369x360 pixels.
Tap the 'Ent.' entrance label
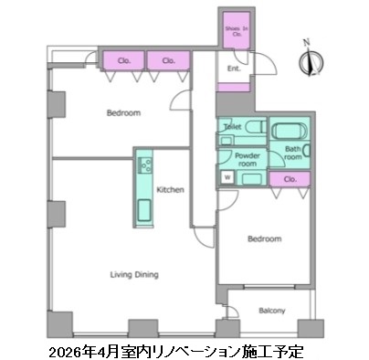click(x=233, y=67)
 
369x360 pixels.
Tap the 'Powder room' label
click(x=247, y=160)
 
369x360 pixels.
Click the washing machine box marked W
click(x=225, y=176)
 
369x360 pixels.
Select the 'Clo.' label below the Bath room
click(x=290, y=179)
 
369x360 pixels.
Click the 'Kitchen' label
click(x=170, y=190)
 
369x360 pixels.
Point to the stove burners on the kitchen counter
click(x=144, y=166)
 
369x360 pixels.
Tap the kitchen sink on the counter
click(x=144, y=211)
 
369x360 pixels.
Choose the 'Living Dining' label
click(x=135, y=273)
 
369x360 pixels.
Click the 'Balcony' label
click(x=271, y=311)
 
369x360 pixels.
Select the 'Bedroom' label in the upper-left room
click(x=122, y=113)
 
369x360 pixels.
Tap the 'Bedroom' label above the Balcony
click(x=265, y=238)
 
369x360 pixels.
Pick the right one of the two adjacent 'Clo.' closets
click(x=168, y=61)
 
